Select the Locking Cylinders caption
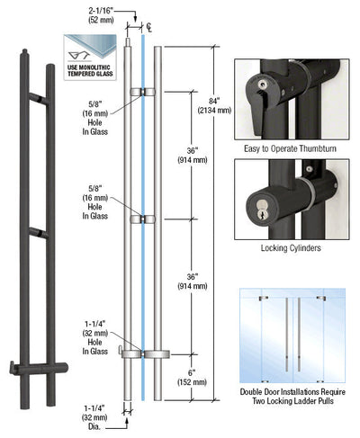[x=290, y=245]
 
